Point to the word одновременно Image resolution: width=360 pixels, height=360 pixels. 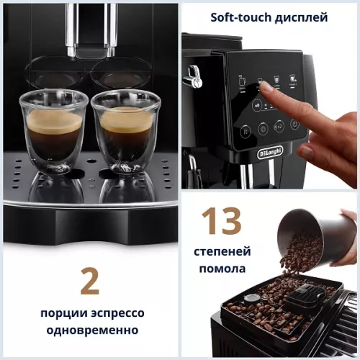tap(89, 330)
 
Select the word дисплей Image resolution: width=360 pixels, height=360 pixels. tap(302, 17)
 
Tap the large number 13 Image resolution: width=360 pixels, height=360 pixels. tap(221, 222)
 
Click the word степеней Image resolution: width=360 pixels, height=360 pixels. tap(222, 252)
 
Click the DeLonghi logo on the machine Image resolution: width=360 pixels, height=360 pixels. tap(271, 153)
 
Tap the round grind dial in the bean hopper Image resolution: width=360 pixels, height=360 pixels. tap(251, 299)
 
